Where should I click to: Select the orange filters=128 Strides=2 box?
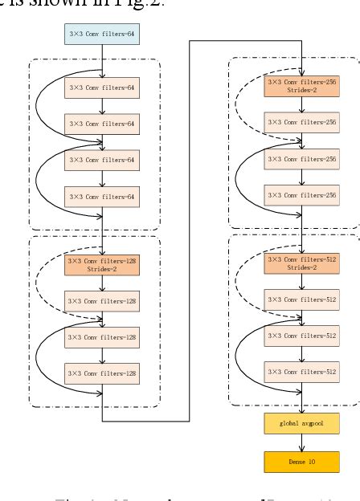pos(101,266)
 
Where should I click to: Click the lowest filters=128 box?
pos(101,373)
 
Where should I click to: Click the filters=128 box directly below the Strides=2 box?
pos(101,302)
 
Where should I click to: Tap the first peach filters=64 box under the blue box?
pos(101,86)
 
